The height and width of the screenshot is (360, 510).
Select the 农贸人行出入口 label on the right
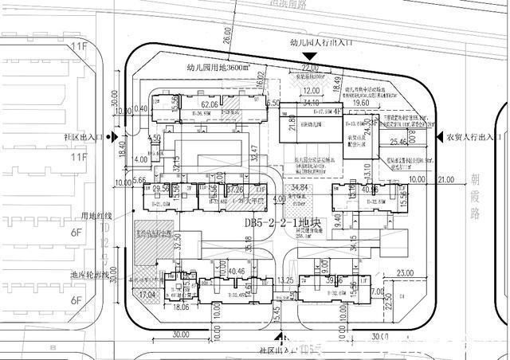click(473, 137)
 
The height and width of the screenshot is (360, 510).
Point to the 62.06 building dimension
click(210, 104)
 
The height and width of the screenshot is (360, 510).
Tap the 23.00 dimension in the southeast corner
click(406, 274)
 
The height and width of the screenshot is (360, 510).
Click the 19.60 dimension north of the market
click(361, 104)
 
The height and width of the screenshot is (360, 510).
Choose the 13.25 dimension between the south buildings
click(287, 280)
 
